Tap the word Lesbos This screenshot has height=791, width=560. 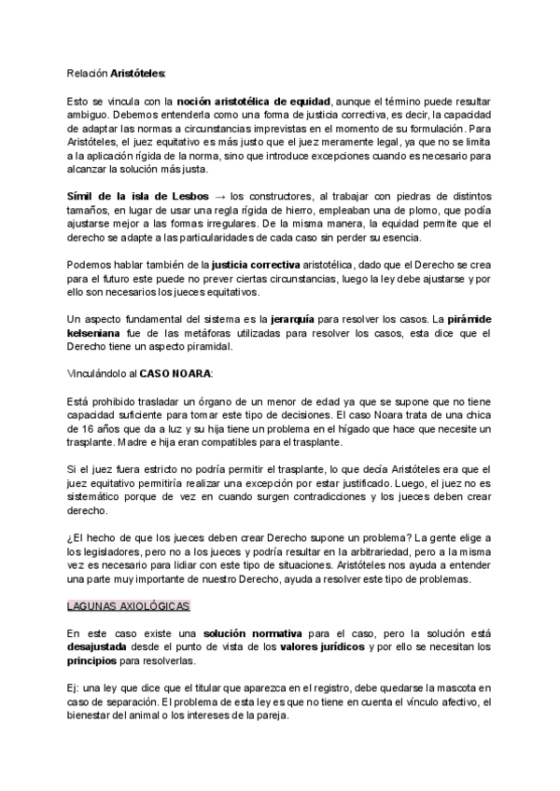pos(189,197)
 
